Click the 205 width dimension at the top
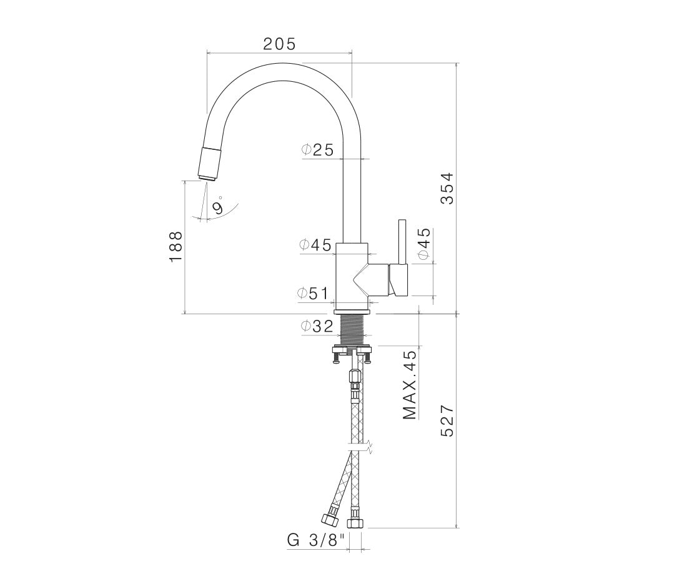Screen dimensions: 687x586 [x=280, y=43]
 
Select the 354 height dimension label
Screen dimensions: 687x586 [x=447, y=189]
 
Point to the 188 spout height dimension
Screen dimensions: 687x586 [x=175, y=247]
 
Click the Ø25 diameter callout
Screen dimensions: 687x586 [x=318, y=150]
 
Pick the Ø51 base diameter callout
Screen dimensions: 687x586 [x=313, y=293]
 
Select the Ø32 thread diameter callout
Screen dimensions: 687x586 [x=317, y=326]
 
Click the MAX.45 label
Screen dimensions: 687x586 [x=410, y=385]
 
